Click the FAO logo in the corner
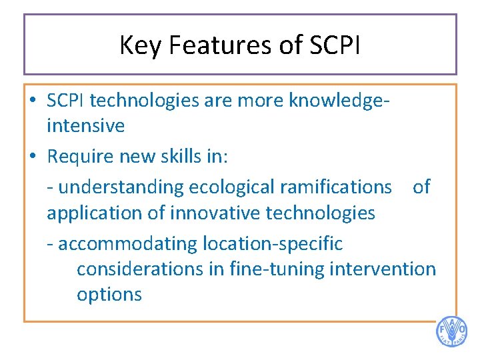[x=451, y=331]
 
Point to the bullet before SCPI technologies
[x=33, y=100]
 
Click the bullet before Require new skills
[x=33, y=157]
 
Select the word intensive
[x=85, y=125]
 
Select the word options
[x=109, y=295]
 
